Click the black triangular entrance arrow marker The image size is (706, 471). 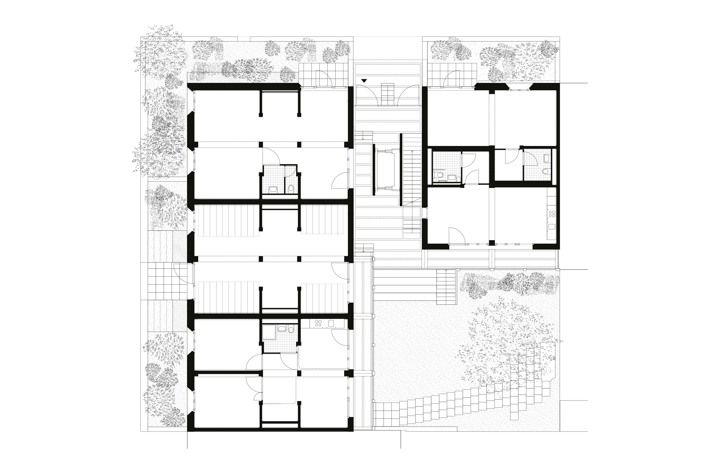point(364,81)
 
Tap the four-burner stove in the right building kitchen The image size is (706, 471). point(552,214)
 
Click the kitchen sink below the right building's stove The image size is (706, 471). point(552,227)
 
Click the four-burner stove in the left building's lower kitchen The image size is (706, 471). point(318,324)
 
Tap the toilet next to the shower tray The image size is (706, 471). point(290,329)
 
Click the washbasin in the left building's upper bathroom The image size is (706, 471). point(273,189)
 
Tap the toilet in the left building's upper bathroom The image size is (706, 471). point(290,189)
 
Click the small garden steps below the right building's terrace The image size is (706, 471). point(446,287)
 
